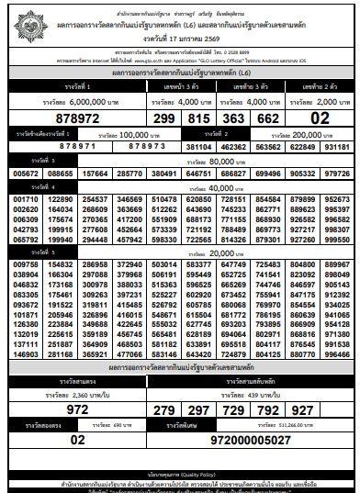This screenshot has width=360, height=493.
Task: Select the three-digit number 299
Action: tap(165, 118)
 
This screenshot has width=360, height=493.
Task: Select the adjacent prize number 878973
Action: tap(122, 145)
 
